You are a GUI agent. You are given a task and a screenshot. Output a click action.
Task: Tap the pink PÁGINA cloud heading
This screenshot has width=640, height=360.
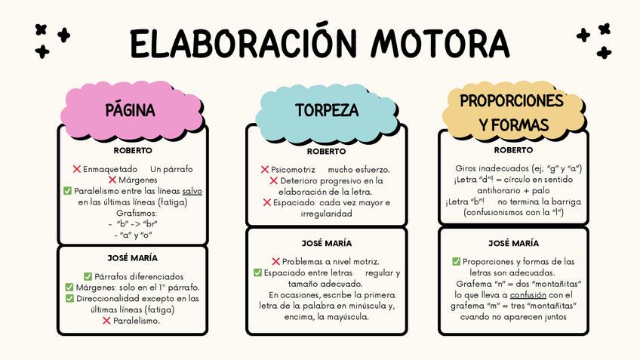pyautogui.click(x=131, y=110)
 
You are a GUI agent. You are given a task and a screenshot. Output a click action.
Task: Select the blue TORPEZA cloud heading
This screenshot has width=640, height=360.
pyautogui.click(x=326, y=110)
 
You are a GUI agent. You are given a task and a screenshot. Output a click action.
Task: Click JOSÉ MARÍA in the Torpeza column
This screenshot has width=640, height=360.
pyautogui.click(x=326, y=243)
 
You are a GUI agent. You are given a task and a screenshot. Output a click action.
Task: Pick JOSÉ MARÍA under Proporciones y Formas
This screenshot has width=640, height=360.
pyautogui.click(x=513, y=243)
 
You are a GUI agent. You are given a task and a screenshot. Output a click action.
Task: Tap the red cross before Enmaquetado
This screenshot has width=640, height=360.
pyautogui.click(x=76, y=169)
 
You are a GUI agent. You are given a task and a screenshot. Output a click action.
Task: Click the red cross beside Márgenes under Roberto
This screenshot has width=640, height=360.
pyautogui.click(x=112, y=180)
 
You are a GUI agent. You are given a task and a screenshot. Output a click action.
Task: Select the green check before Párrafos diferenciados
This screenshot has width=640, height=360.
pyautogui.click(x=88, y=277)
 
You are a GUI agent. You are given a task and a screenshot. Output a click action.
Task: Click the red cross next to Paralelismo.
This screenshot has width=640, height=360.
pyautogui.click(x=106, y=321)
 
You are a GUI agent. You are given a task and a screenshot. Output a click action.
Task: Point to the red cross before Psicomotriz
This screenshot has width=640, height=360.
pyautogui.click(x=264, y=170)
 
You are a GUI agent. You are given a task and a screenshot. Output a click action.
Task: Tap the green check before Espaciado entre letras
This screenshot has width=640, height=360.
pyautogui.click(x=257, y=272)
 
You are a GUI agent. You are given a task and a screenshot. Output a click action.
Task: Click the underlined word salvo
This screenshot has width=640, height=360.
pyautogui.click(x=192, y=192)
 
